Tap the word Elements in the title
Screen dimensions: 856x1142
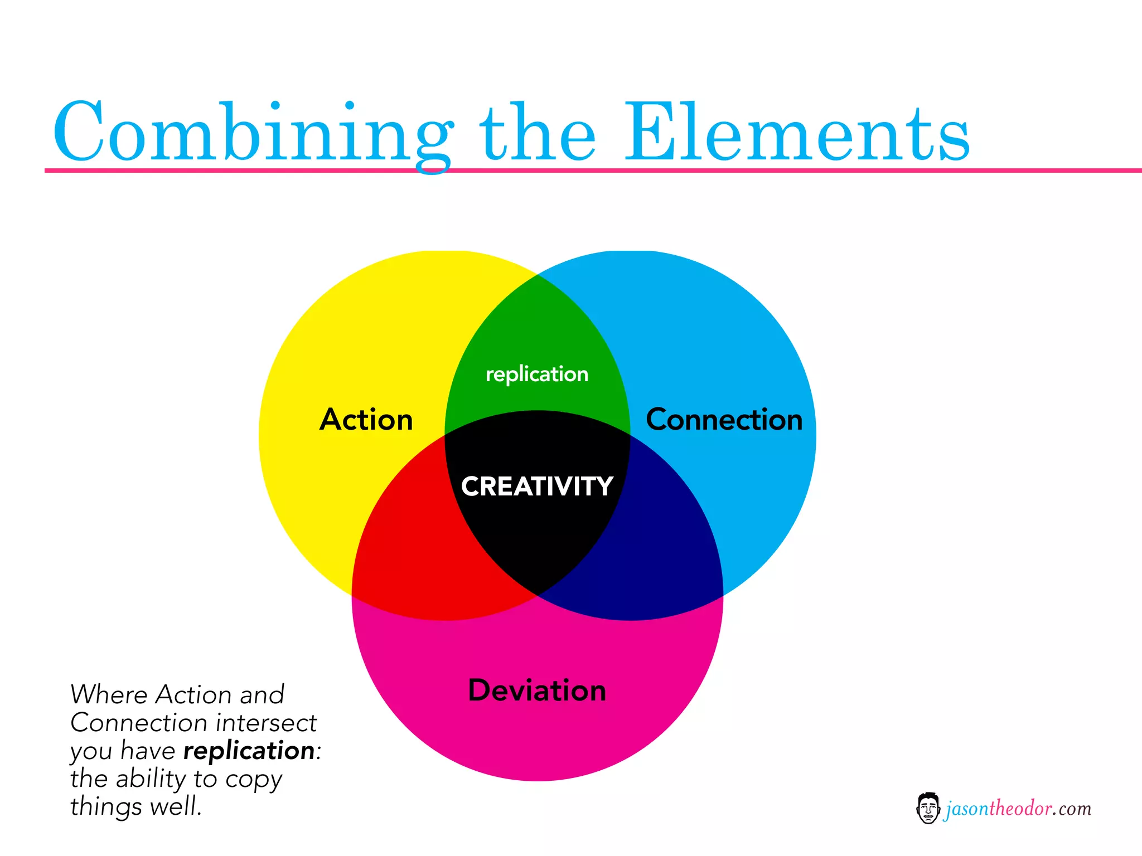[797, 134]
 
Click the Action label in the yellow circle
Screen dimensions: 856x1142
[366, 420]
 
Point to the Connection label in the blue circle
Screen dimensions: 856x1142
[724, 420]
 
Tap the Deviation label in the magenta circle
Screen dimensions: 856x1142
[537, 690]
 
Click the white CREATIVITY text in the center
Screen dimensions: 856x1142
[537, 486]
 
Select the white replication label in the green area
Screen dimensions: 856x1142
[537, 374]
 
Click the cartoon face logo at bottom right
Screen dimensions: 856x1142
[928, 808]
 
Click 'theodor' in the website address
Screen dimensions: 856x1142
[1020, 808]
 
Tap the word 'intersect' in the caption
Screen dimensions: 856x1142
[266, 723]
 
